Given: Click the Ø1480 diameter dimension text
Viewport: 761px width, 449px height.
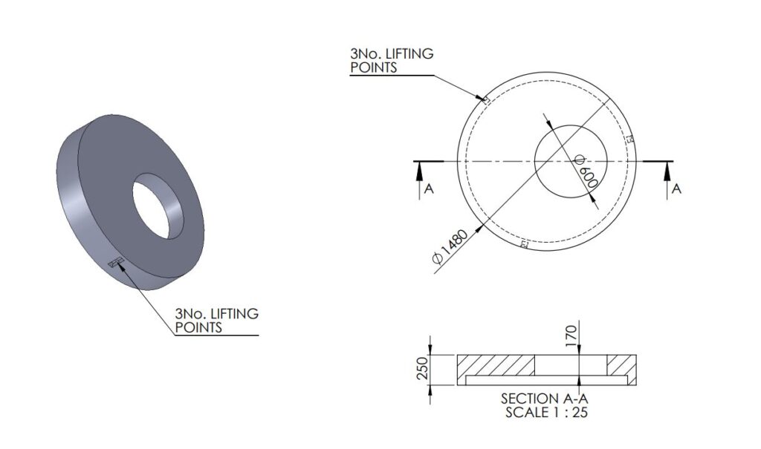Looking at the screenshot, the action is [450, 247].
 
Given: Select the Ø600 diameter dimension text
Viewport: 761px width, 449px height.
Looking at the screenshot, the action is [586, 171].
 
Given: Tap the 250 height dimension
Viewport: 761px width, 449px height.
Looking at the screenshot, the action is [422, 368].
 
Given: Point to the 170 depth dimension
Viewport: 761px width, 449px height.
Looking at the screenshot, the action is [571, 335].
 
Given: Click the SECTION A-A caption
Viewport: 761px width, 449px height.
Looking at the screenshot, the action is [544, 399].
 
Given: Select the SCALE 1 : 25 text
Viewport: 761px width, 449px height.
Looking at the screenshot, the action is [546, 413].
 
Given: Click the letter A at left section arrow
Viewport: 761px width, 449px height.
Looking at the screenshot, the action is [429, 189].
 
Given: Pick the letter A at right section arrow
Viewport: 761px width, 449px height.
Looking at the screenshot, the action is [676, 189].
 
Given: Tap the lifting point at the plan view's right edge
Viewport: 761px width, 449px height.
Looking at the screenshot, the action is [630, 139].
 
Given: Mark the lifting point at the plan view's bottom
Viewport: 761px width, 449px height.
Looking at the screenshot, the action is [524, 243].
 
